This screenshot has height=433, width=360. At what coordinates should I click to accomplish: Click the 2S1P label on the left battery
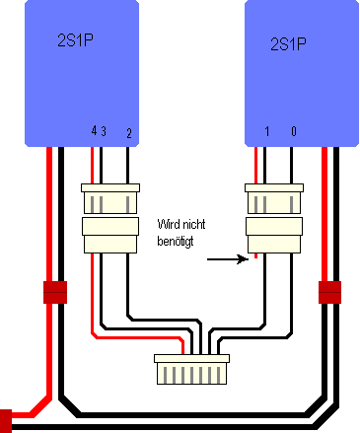[75, 40]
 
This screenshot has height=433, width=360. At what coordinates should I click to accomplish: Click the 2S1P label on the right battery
[288, 43]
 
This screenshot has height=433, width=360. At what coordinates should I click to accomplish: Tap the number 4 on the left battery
[94, 131]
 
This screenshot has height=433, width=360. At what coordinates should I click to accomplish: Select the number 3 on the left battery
[104, 131]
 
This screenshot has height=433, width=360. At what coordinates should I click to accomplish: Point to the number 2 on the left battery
[129, 133]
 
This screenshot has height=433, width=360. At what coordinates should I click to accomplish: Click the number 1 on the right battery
[267, 131]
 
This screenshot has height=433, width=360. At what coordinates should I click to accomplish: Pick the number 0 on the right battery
[294, 131]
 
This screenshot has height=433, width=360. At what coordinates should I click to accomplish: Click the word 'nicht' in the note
[194, 224]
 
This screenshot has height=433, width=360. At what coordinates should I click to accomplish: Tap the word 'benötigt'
[176, 242]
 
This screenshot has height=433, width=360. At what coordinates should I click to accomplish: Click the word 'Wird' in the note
[169, 224]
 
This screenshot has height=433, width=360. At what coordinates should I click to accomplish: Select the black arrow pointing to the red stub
[228, 259]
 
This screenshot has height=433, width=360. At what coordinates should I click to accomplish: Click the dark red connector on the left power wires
[55, 292]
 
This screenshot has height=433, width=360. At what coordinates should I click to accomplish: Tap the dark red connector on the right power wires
[329, 292]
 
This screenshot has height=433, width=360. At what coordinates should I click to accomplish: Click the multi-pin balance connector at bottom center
[192, 369]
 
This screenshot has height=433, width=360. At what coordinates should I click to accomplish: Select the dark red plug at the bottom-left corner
[6, 421]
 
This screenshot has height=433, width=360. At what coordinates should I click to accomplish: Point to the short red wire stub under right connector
[255, 255]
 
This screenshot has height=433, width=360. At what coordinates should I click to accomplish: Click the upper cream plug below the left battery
[110, 198]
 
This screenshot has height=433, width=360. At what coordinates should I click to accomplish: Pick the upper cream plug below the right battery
[274, 198]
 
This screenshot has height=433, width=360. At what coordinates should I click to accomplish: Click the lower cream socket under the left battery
[110, 235]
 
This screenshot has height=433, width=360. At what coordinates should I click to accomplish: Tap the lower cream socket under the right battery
[274, 235]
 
